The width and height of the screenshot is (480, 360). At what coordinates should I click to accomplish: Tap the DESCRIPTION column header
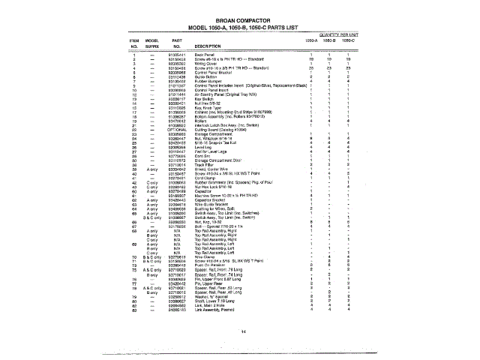[212, 46]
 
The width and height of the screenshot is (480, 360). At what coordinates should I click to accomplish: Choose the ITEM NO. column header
[135, 42]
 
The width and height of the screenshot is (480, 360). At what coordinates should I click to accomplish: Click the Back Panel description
[205, 55]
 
